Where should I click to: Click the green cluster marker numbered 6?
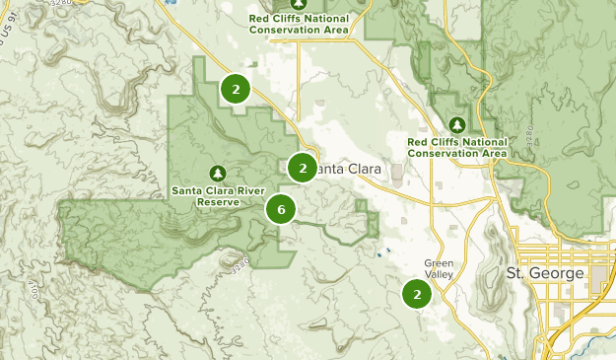[x=281, y=209]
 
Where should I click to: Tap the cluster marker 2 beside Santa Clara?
[x=303, y=169]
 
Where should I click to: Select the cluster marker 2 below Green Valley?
[x=418, y=294]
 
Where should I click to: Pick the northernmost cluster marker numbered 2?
[x=236, y=90]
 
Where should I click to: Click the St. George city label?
[x=543, y=272]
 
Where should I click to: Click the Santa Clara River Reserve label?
[x=218, y=195]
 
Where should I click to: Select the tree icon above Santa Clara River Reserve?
[x=218, y=173]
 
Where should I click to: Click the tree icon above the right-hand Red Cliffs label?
[x=456, y=124]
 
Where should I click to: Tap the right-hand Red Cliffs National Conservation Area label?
[x=457, y=147]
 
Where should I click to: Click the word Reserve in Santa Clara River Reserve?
[x=218, y=202]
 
